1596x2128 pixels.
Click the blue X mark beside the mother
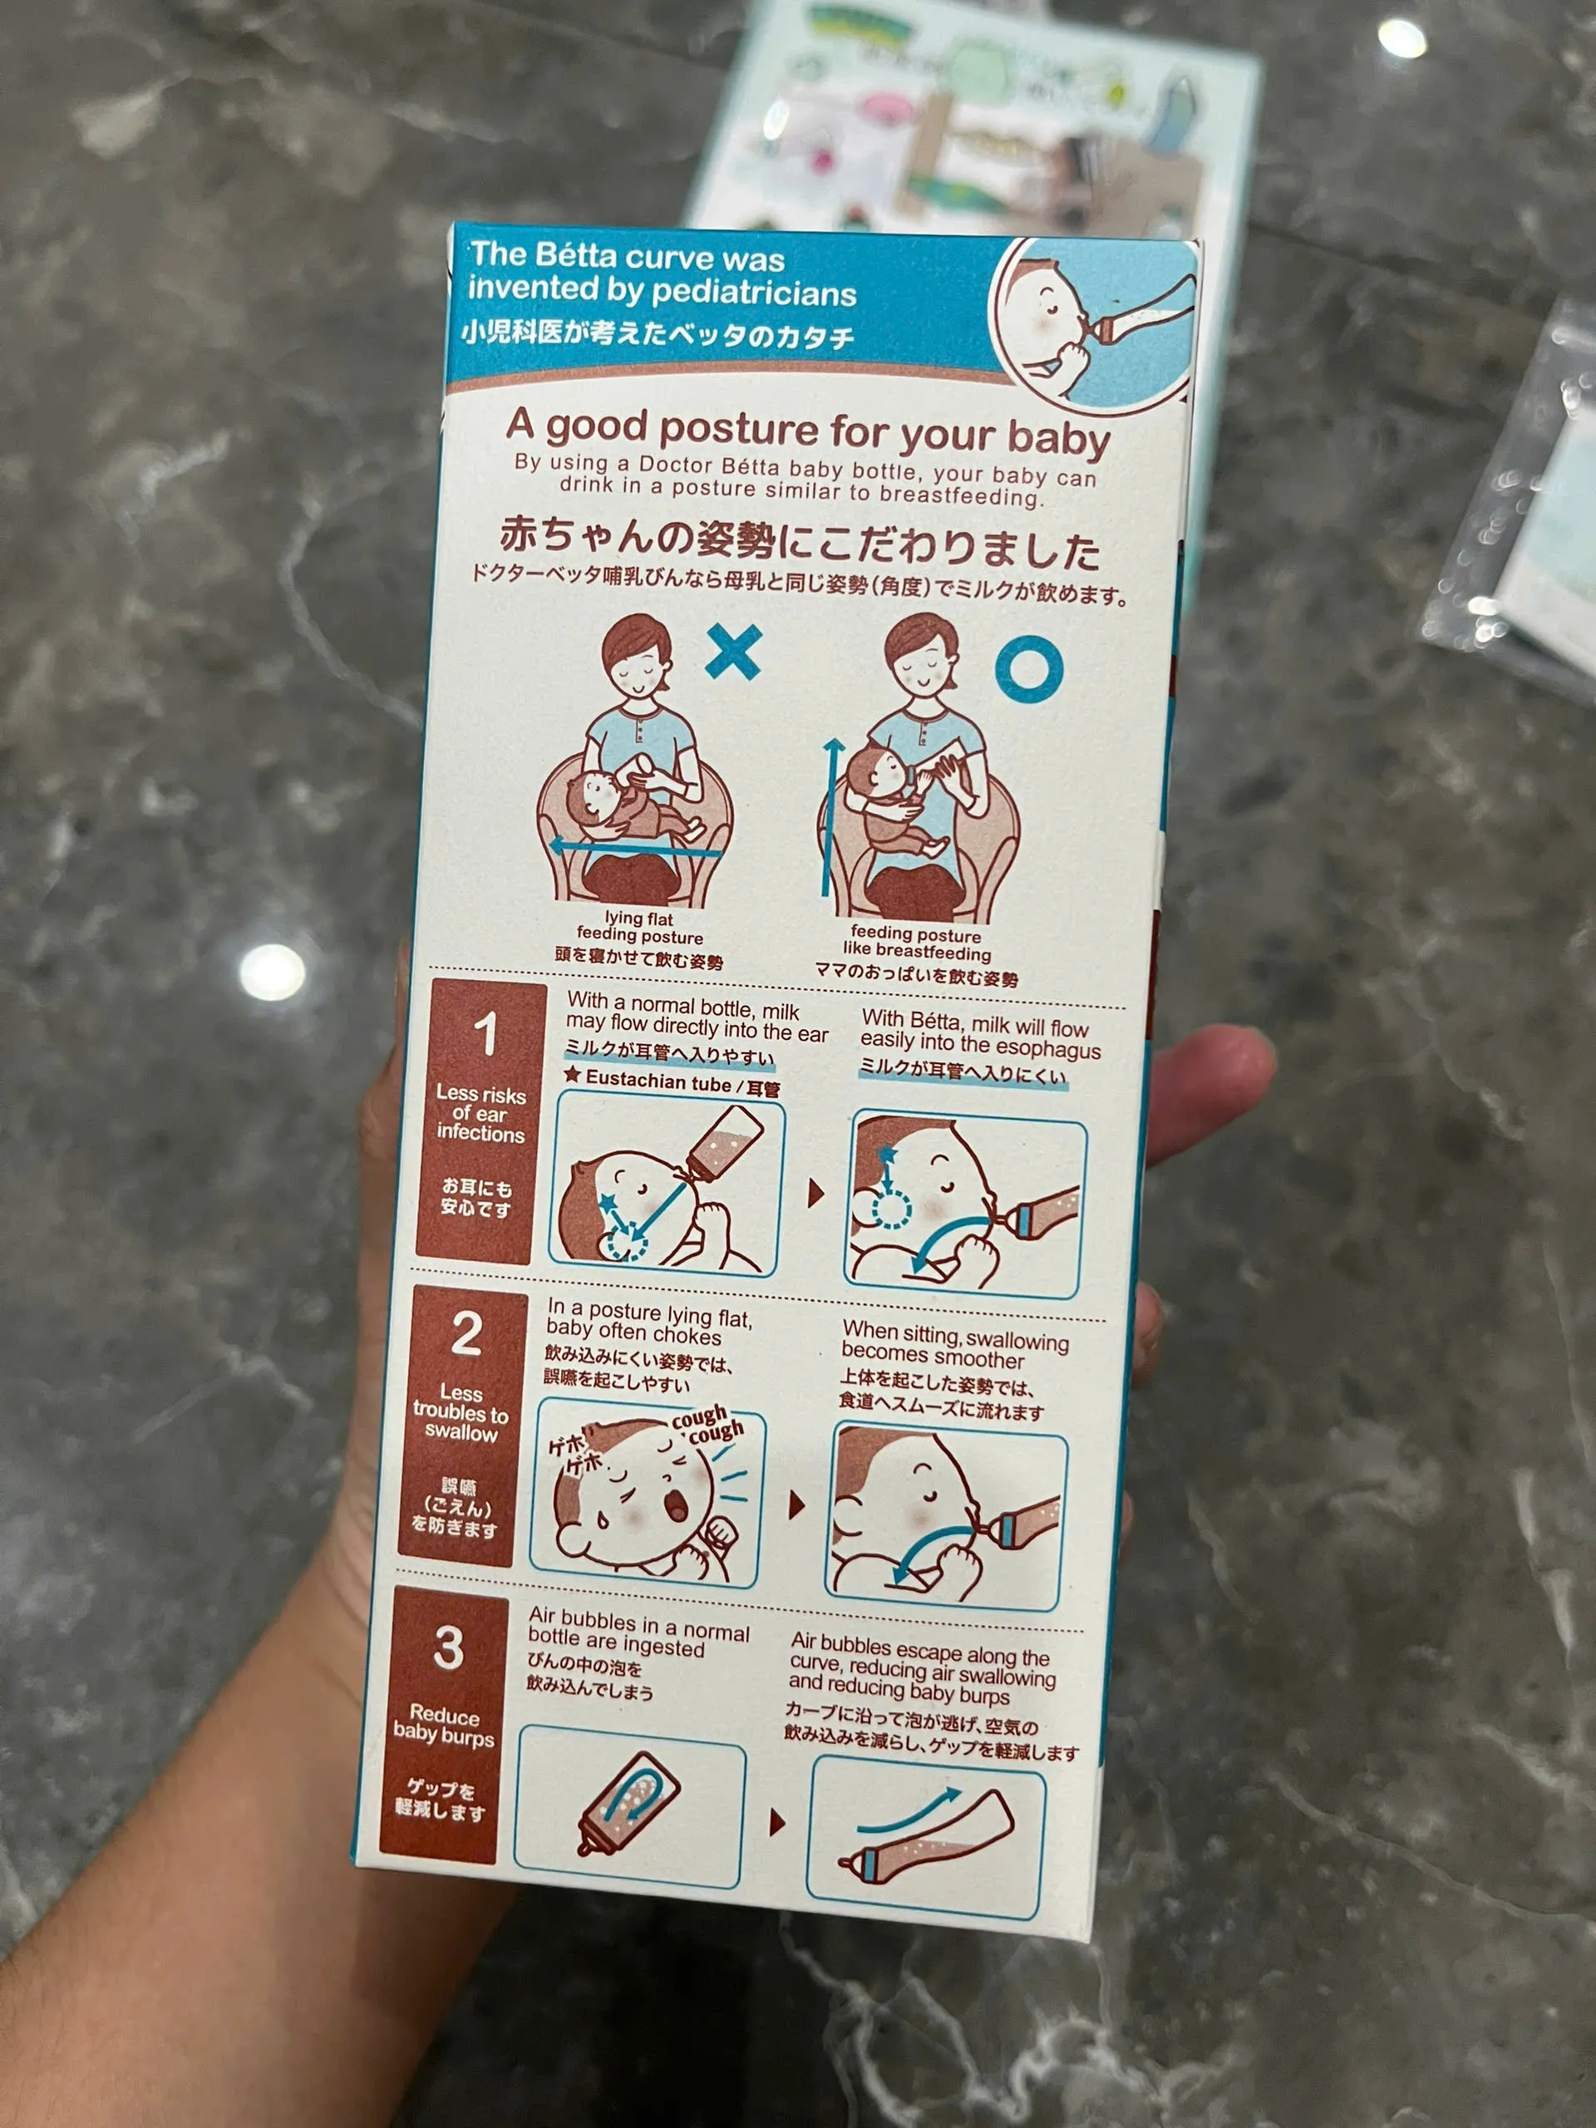click(734, 652)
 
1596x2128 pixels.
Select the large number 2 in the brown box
click(466, 1333)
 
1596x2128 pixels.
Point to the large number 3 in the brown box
click(448, 1647)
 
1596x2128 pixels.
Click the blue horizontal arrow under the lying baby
click(635, 848)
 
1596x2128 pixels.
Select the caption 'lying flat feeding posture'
click(640, 928)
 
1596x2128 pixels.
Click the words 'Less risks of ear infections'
click(480, 1113)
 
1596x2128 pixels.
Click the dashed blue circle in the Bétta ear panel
click(891, 1209)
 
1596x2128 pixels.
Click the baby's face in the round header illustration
click(1044, 313)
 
